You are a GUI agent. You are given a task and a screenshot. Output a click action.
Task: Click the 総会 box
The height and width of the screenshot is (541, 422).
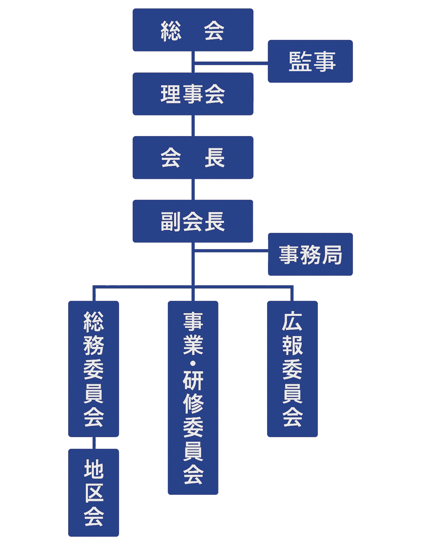193,30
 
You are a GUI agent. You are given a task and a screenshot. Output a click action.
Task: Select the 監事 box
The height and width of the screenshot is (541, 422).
310,61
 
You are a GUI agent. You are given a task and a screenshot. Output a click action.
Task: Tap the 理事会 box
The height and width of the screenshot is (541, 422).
193,94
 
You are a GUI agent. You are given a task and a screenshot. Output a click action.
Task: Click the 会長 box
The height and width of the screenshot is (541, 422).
193,157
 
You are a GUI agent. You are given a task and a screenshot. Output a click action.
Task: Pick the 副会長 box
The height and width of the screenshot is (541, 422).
193,221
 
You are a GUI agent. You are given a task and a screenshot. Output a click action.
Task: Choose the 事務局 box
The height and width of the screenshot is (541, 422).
310,254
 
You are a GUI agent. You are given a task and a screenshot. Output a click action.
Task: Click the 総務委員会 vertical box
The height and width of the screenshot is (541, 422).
94,369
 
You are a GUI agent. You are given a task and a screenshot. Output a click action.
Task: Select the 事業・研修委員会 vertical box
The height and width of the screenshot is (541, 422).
193,398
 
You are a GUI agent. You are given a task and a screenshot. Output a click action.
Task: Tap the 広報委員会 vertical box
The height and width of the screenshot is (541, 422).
292,369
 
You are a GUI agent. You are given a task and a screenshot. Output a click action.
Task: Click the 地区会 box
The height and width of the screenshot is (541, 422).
94,492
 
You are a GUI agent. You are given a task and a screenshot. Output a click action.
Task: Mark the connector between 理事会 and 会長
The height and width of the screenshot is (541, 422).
193,126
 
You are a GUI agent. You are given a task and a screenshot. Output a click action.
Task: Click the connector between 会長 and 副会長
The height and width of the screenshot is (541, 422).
193,189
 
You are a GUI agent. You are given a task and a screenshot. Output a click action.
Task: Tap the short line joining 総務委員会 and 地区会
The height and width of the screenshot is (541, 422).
94,443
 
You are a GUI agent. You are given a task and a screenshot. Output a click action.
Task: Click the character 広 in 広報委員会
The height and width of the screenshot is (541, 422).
292,321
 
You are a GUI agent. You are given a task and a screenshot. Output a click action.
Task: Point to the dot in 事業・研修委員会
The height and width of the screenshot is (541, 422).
193,363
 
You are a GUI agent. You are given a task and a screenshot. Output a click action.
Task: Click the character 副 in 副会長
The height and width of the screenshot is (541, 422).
171,222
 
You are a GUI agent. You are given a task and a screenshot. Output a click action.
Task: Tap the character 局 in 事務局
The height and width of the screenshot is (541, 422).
332,255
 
